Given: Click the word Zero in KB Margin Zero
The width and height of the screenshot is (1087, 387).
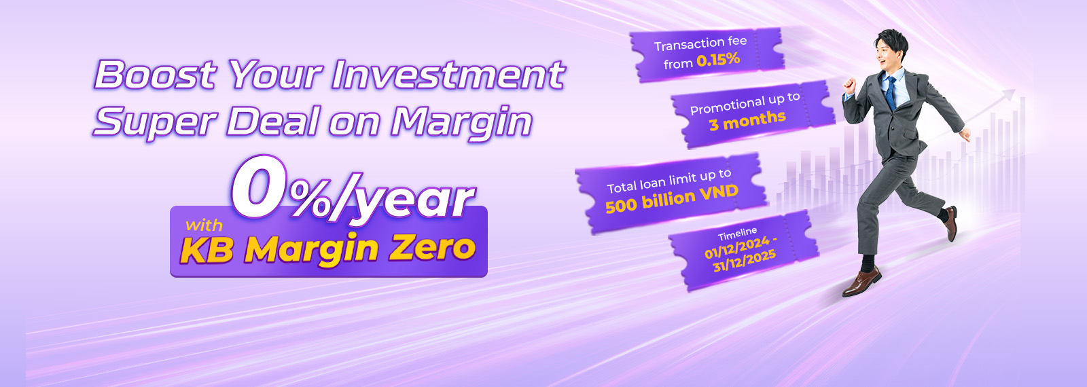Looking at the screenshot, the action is point(431,248).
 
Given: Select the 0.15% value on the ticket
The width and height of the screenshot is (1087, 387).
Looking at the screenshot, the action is point(718,60).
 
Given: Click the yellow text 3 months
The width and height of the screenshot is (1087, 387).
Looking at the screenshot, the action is point(747,120).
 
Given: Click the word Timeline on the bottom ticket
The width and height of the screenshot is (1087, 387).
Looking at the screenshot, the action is point(738,234).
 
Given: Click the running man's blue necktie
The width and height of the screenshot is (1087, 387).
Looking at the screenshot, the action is point(890,92).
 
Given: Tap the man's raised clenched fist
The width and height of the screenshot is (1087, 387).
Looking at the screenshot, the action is point(849,85).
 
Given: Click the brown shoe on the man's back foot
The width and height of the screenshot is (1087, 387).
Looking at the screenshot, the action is point(951,223).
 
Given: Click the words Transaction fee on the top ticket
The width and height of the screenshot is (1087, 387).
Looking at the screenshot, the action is point(700,43).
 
